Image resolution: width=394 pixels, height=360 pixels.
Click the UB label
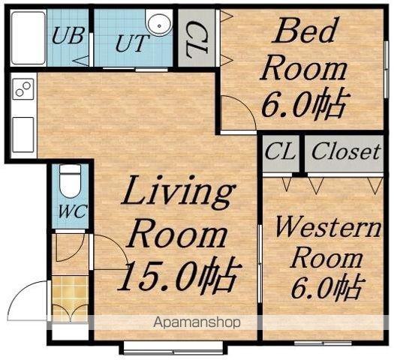coord(68,36)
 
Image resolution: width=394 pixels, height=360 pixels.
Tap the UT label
coord(131,43)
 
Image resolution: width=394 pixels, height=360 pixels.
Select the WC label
coord(73,211)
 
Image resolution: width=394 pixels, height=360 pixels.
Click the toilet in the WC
coord(70,181)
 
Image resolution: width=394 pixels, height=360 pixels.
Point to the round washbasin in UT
coord(159,24)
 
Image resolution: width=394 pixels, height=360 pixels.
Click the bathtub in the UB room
coord(29,37)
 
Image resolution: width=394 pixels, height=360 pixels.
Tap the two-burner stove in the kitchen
coord(23,89)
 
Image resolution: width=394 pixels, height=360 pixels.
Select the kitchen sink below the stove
coord(23,134)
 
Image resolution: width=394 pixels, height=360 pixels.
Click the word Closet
coord(345,151)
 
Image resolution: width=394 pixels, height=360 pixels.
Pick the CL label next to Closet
coord(280,151)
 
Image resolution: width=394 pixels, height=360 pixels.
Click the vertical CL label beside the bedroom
coord(197,40)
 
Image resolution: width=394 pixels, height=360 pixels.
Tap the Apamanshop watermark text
coord(197,322)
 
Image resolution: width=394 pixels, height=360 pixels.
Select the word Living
coord(178,193)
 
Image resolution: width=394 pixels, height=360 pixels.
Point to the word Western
coord(328,227)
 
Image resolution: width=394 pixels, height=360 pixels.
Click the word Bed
coord(305,31)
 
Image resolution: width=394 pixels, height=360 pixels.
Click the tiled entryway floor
coord(71,298)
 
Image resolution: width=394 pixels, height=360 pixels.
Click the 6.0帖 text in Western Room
coord(326,287)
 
